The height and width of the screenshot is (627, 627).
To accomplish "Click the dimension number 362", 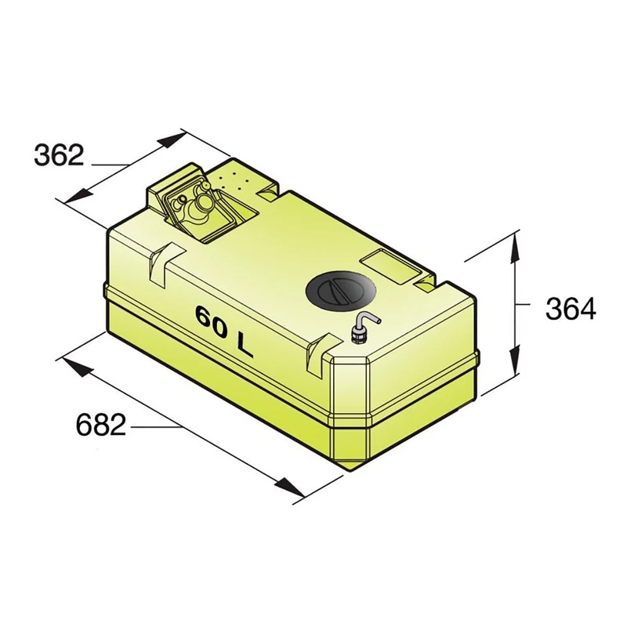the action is tap(60, 155).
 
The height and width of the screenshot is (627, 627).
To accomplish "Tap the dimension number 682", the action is tap(101, 425).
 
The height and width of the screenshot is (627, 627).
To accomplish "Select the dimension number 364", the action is tap(571, 309).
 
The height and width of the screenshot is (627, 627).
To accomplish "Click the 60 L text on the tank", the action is tap(224, 331).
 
